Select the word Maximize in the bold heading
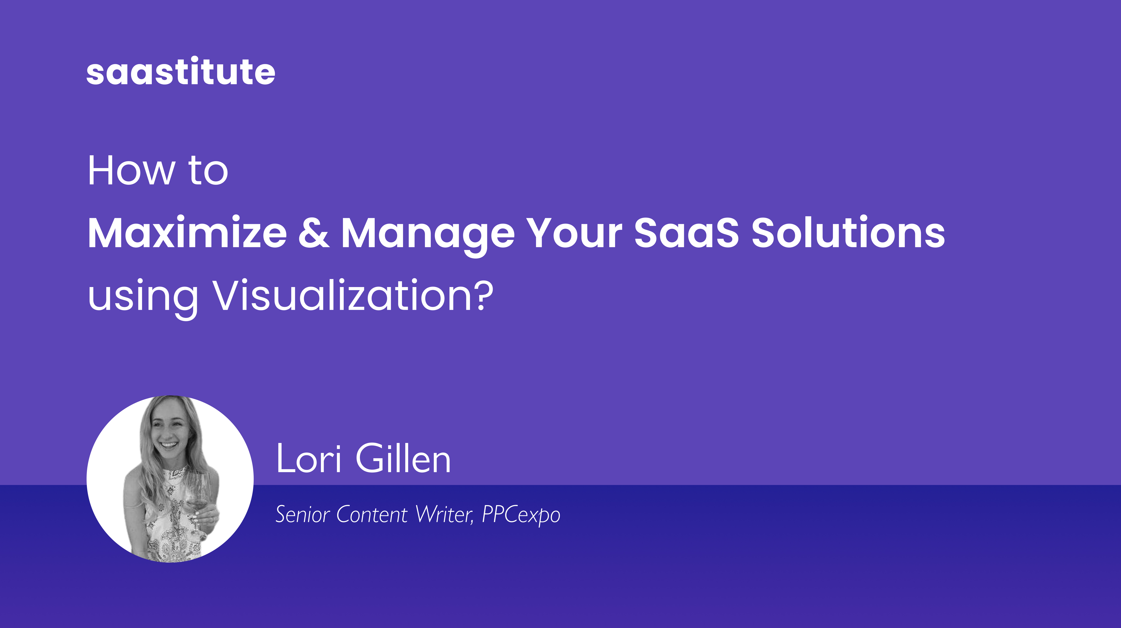[x=187, y=233]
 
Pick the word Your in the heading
[x=574, y=233]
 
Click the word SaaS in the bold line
[x=686, y=233]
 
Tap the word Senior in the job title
[x=303, y=514]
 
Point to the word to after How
[x=208, y=171]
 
